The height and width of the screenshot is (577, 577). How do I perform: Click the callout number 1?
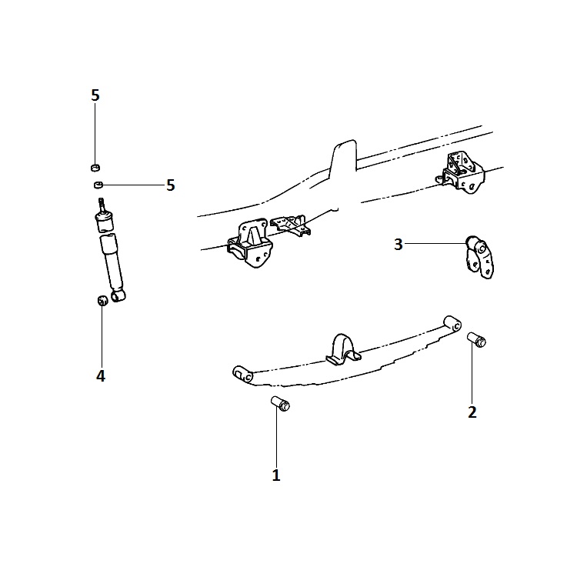[x=276, y=475]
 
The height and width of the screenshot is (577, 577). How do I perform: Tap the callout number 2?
[x=472, y=412]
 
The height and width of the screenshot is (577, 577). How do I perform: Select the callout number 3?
[x=399, y=245]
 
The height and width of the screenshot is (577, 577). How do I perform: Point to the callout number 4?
[x=101, y=376]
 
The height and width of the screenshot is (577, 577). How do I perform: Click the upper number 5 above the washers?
[x=95, y=95]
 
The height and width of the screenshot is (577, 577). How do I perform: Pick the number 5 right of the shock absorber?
[x=170, y=185]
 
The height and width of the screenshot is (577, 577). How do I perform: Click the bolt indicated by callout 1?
[x=280, y=404]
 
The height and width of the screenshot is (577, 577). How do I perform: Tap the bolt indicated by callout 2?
[x=476, y=339]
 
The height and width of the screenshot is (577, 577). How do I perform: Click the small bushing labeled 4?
[x=102, y=300]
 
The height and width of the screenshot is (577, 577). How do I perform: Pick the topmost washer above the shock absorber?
[x=95, y=168]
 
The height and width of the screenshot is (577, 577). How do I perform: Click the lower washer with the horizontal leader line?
[x=98, y=185]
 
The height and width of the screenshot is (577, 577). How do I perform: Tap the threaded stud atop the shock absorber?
[x=102, y=205]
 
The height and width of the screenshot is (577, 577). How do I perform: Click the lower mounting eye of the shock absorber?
[x=118, y=295]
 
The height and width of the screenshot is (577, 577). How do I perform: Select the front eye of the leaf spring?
[x=243, y=375]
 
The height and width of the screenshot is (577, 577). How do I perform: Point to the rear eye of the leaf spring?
[x=452, y=324]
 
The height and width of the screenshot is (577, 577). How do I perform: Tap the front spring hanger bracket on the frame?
[x=250, y=243]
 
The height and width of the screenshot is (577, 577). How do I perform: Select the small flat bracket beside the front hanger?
[x=291, y=225]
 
